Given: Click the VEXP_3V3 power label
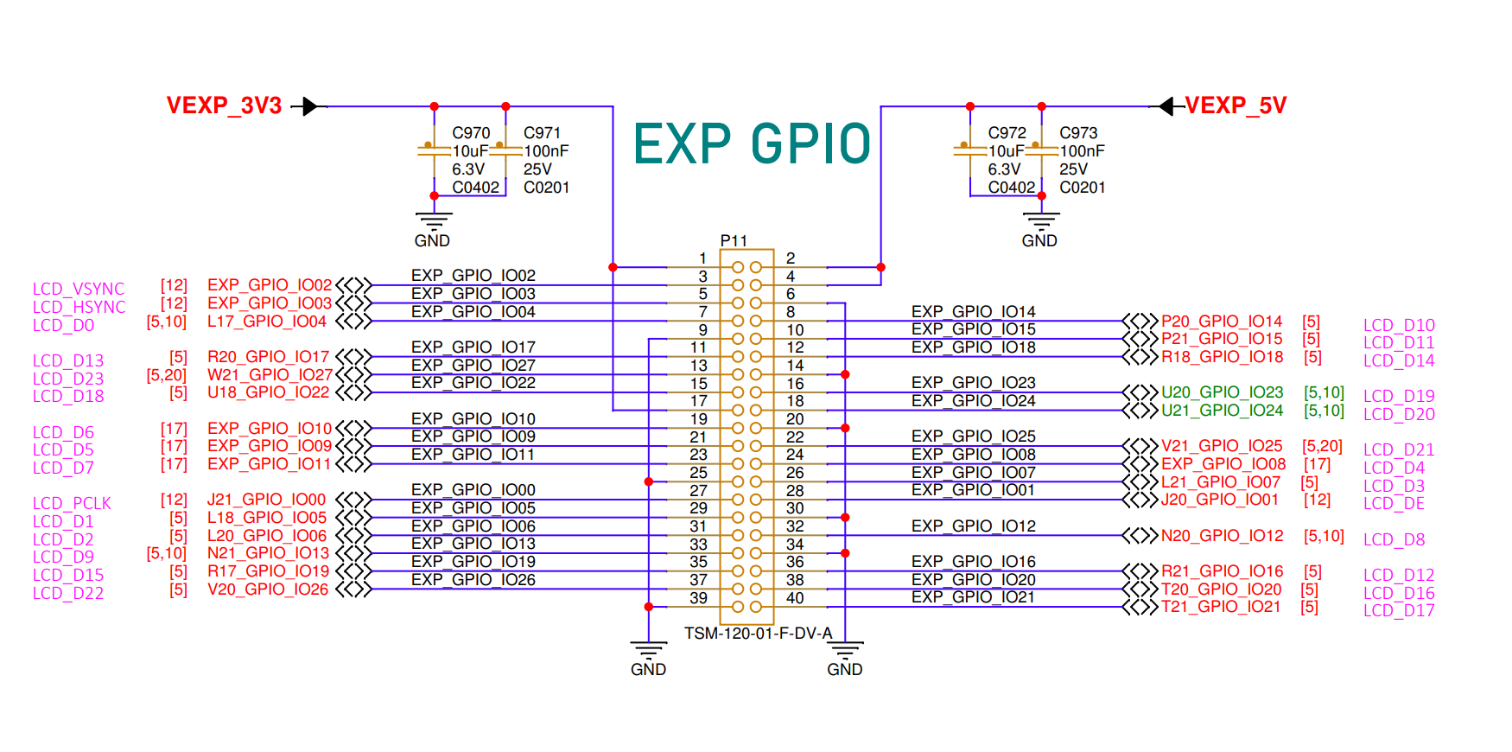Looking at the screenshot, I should [224, 105].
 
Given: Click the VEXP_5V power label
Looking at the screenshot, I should [1236, 105].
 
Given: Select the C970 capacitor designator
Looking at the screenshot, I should [471, 133].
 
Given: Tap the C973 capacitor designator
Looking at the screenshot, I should [1078, 133].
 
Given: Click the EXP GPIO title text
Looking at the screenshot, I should [752, 143].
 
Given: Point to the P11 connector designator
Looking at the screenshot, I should [734, 240].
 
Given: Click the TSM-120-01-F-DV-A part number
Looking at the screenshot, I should [758, 634].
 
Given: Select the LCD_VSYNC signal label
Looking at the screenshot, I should [79, 289].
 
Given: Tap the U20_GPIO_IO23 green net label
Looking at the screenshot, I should [1222, 392].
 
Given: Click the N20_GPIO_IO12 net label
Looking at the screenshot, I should [1222, 536].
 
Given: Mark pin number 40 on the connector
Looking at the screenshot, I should [795, 598].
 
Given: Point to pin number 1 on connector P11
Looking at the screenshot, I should [703, 258].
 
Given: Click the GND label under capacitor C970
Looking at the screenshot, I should [432, 240].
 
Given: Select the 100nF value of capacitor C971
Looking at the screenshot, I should [546, 151].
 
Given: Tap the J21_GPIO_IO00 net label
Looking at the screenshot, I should [266, 500].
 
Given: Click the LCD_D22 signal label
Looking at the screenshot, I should [68, 593].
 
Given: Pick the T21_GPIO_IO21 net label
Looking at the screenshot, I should [1220, 607].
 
